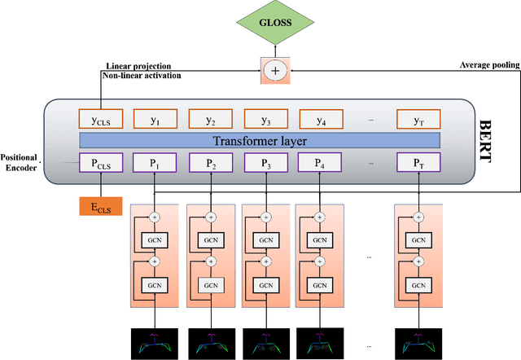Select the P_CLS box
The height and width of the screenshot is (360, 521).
point(100,163)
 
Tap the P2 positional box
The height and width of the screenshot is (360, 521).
point(209,163)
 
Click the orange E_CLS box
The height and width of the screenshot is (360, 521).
point(100,207)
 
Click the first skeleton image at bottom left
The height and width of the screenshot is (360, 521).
point(155,342)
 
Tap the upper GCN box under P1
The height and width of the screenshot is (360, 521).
point(155,241)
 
